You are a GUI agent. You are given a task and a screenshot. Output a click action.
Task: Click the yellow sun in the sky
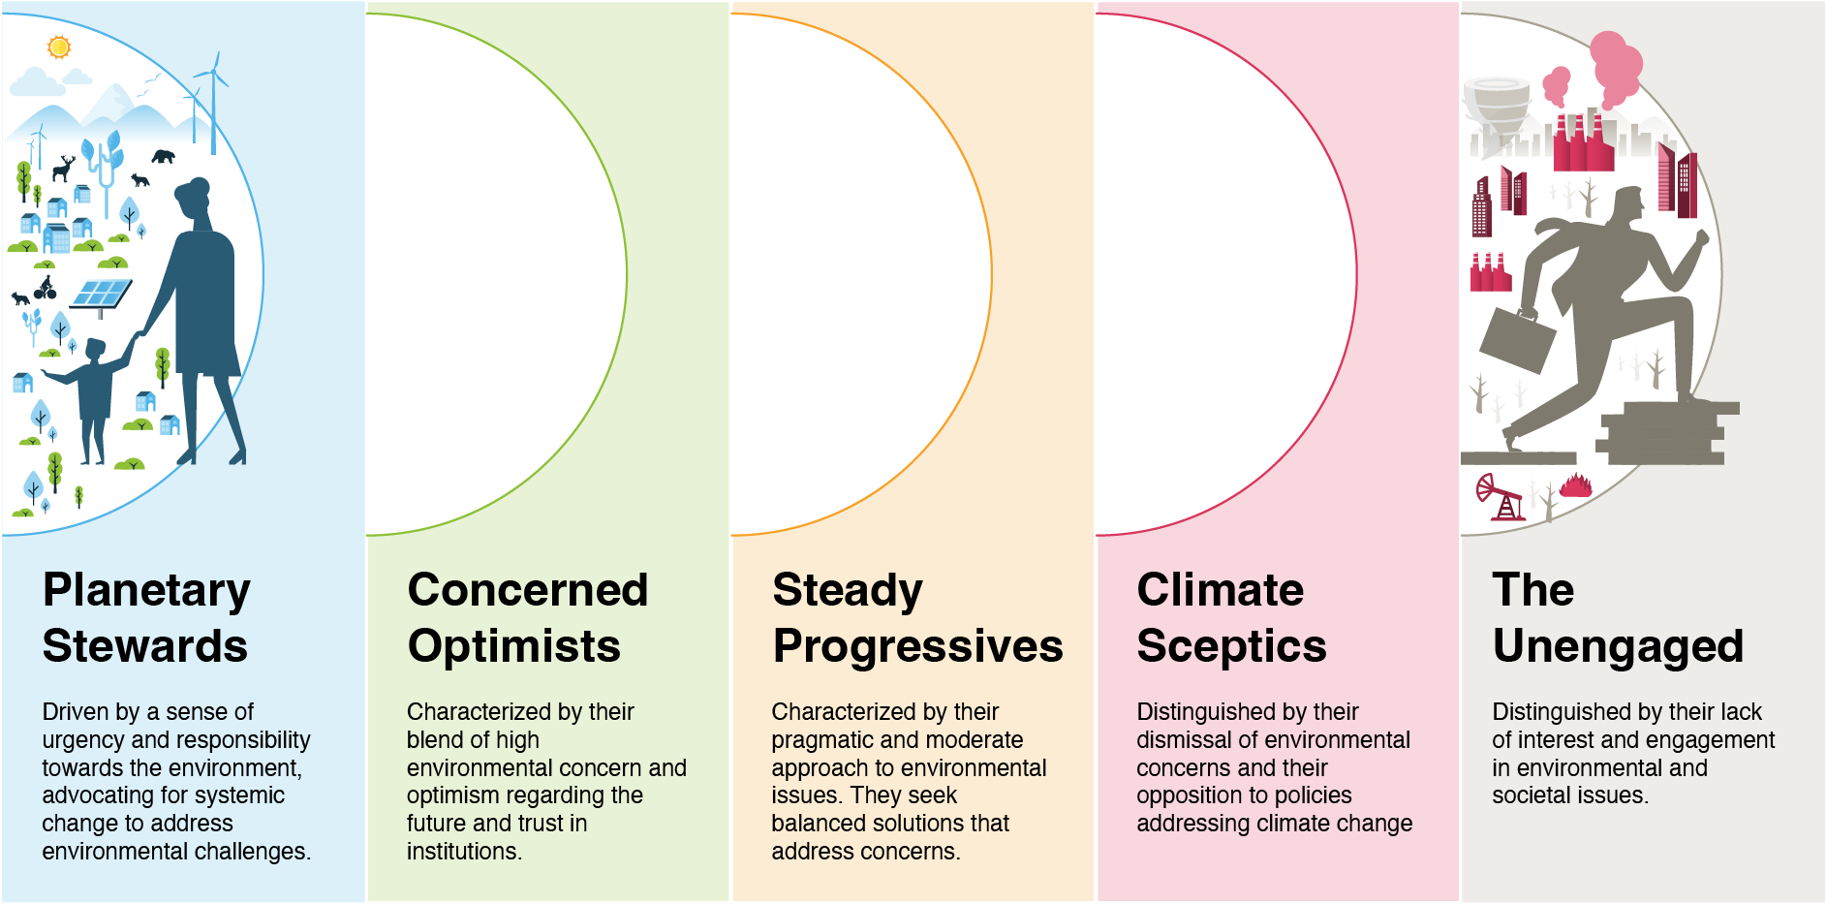click(59, 47)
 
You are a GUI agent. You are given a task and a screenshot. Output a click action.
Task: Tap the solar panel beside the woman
click(101, 295)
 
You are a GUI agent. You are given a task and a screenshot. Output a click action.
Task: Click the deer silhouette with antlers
click(63, 169)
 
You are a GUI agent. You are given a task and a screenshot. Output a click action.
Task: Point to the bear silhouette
click(163, 155)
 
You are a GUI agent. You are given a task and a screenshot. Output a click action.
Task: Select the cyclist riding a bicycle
click(45, 288)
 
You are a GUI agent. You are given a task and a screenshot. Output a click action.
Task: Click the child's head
click(95, 349)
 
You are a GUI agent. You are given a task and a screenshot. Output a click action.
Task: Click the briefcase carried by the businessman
click(1517, 339)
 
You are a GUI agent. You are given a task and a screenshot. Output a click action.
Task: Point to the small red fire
click(1576, 484)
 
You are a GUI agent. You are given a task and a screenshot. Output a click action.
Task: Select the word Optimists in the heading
click(514, 647)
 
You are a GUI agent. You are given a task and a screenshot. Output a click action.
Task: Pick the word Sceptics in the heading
click(1231, 647)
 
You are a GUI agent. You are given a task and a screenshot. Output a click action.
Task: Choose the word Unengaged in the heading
click(1618, 647)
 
